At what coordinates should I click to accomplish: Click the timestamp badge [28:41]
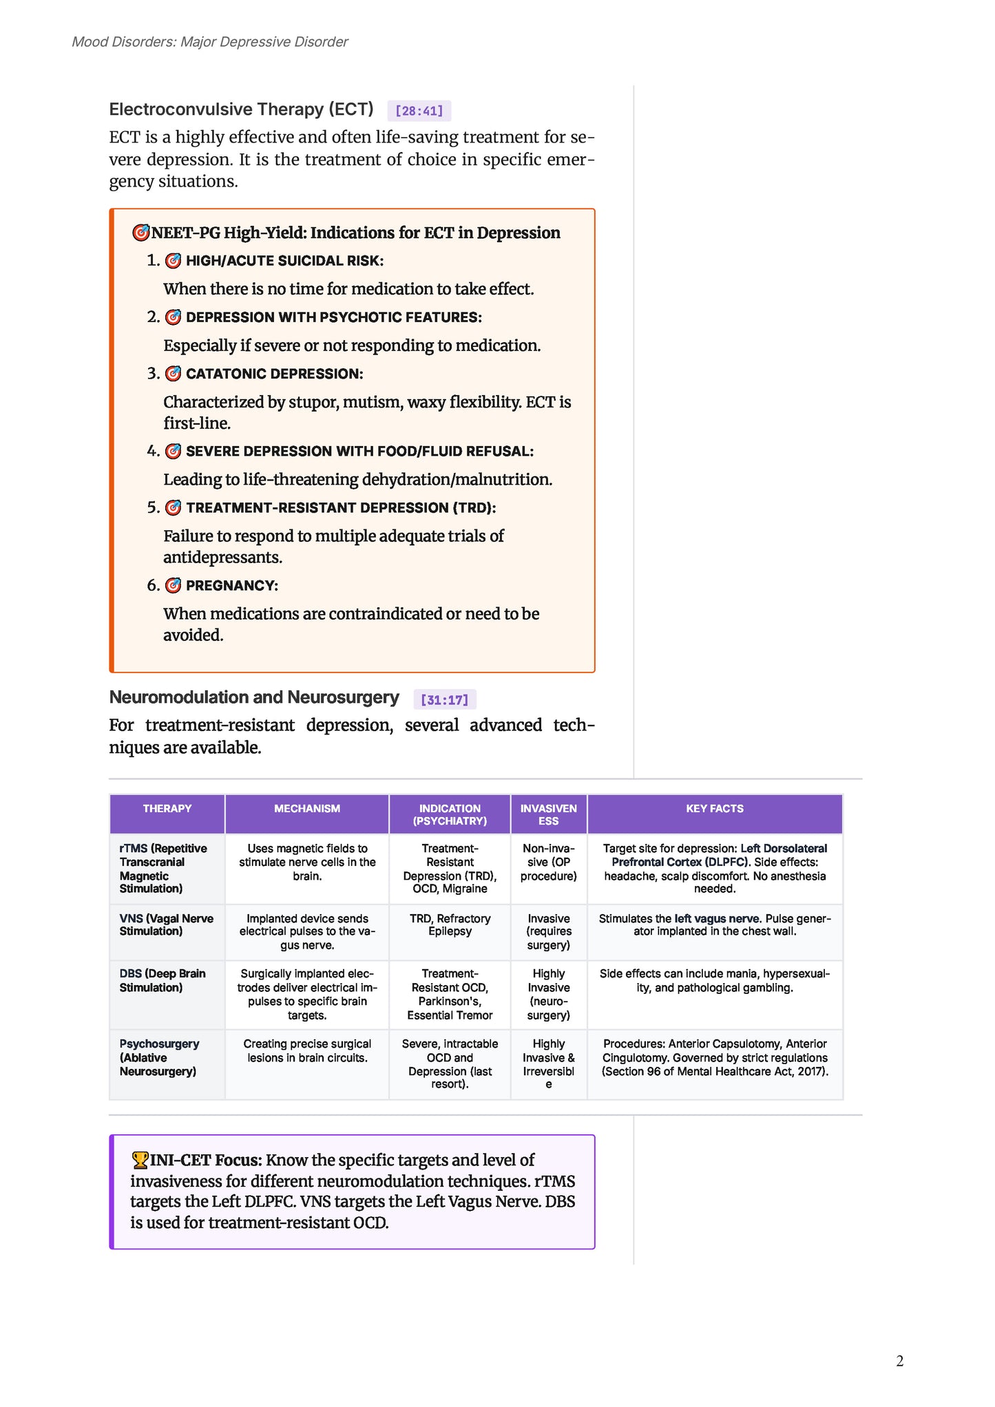[419, 111]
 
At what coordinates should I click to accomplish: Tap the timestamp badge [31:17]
[444, 700]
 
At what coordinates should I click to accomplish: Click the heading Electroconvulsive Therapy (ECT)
[241, 109]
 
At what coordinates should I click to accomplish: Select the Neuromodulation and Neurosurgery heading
[254, 697]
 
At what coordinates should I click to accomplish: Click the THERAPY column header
[167, 809]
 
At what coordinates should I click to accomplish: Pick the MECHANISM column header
[307, 809]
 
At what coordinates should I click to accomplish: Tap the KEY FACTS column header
[715, 809]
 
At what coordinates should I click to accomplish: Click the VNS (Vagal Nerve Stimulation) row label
[167, 924]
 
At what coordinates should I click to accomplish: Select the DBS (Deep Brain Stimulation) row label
[163, 980]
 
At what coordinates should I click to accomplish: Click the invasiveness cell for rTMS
[549, 862]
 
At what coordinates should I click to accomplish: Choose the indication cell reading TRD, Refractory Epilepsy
[450, 924]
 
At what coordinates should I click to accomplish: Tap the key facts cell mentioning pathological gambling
[715, 980]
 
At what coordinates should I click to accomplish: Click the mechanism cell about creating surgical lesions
[307, 1050]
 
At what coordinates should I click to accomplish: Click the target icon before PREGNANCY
[174, 585]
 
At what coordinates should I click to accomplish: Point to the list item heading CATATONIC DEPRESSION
[274, 374]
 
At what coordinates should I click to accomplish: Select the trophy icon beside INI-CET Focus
[140, 1160]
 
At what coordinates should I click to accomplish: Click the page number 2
[900, 1361]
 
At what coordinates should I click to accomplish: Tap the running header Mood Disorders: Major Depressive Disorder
[210, 42]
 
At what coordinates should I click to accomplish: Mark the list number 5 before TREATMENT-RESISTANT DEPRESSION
[153, 508]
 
